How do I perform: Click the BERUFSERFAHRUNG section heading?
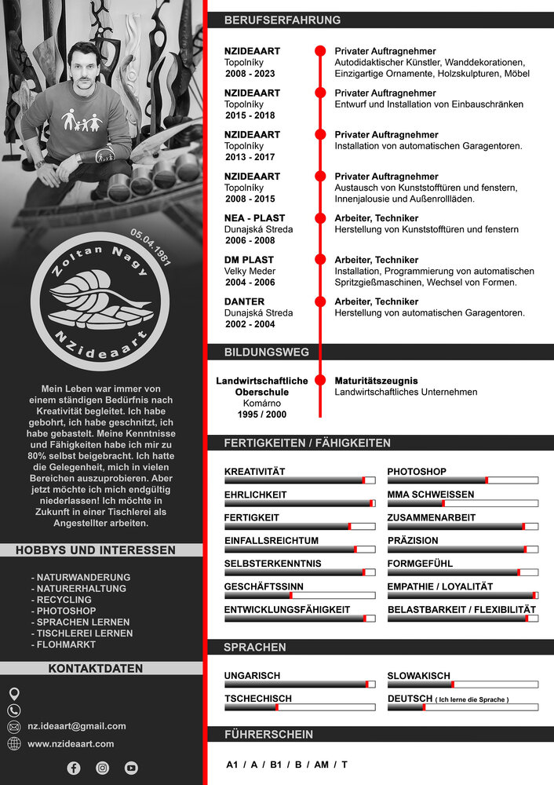282,20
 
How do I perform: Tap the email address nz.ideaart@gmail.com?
77,726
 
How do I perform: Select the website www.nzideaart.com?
71,743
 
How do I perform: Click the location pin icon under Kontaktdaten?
14,694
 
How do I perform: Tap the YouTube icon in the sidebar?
131,768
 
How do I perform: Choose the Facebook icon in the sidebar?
74,768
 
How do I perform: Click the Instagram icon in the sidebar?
102,768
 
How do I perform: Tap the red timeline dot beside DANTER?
320,301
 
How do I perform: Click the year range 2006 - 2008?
250,241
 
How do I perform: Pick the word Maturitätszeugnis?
376,381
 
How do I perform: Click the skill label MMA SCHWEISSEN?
430,495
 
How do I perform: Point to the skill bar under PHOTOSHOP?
462,480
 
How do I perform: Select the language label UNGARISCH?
252,675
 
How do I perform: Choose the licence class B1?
275,765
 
